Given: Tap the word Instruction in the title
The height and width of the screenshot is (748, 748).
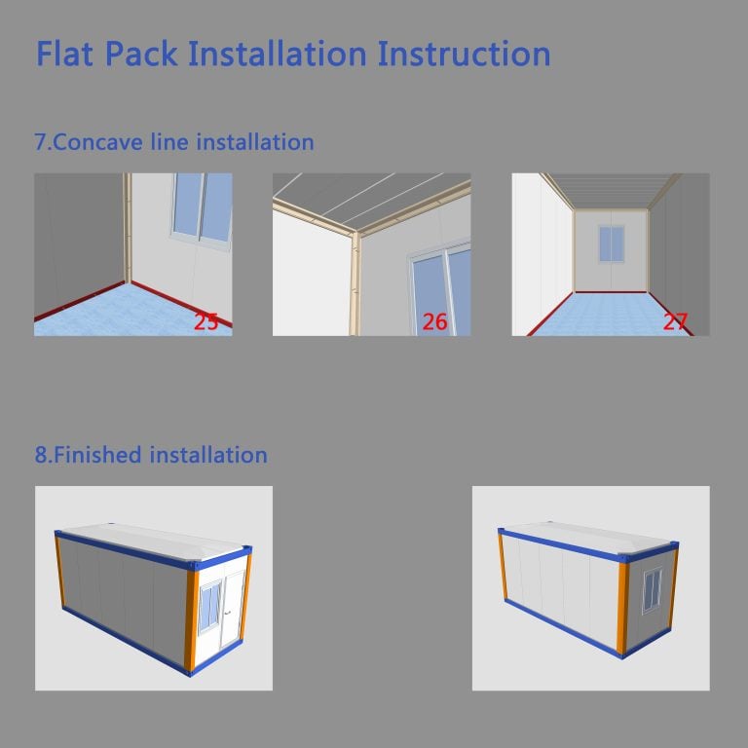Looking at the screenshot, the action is coord(464,54).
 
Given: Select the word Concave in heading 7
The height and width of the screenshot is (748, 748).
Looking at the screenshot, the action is coord(97,142).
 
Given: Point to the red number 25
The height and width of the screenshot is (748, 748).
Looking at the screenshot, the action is coord(206,321).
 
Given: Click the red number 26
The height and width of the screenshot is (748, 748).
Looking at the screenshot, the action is coord(434,322).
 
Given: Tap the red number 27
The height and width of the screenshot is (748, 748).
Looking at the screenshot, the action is coord(675,321).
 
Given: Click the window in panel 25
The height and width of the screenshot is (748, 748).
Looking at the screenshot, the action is coord(202,209).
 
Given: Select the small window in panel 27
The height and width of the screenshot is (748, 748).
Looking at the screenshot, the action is coord(611,243).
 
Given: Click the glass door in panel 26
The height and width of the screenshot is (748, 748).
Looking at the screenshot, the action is coord(440,289).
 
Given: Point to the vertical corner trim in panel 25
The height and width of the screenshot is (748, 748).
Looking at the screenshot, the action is coord(127,228).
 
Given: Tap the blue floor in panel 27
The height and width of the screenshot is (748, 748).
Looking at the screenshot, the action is coord(611,314).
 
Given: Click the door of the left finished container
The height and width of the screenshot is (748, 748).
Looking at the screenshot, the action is coord(233,609).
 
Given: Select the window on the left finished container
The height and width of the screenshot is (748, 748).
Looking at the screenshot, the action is coord(210,607).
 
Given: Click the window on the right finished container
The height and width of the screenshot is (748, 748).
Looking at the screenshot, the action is coord(653,590).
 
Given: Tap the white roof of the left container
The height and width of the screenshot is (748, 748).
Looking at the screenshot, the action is coord(153,542).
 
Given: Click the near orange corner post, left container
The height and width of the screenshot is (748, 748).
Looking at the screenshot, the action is coord(191,620).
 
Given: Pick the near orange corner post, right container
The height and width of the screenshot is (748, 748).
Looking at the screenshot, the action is coord(623,608).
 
